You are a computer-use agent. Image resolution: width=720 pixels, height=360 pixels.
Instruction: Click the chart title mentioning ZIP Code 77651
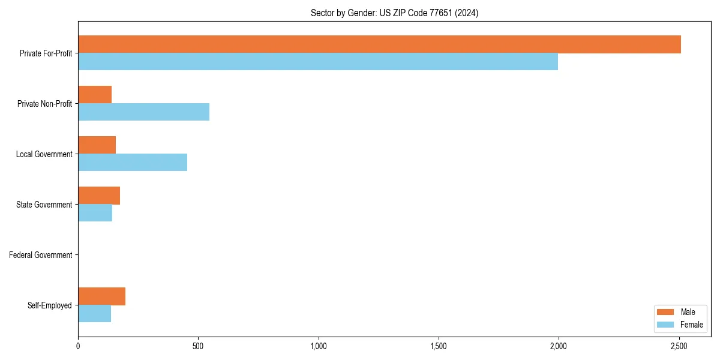394,13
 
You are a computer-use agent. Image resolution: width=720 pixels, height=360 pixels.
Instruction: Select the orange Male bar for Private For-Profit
379,44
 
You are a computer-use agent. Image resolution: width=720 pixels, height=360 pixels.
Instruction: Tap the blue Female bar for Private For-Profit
318,62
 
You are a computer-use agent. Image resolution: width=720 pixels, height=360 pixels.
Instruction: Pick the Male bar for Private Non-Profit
95,95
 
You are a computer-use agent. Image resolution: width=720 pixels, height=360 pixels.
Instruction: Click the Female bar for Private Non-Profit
143,112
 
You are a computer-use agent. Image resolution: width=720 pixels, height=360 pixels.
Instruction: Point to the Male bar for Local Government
97,145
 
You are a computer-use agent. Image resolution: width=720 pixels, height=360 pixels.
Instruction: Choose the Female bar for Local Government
133,163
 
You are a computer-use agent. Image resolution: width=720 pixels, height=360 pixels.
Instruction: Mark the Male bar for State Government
99,196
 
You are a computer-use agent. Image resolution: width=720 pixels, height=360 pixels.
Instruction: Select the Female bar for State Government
95,213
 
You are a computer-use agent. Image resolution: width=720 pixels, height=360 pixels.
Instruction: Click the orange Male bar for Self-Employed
101,296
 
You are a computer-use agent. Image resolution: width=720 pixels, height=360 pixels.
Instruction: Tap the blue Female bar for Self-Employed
94,314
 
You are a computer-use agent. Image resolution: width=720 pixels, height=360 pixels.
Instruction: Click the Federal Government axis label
41,255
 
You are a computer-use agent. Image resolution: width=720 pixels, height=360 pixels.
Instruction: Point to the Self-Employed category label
50,305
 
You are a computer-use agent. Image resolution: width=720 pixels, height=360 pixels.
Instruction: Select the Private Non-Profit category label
44,104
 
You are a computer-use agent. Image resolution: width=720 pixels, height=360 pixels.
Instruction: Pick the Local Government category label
44,154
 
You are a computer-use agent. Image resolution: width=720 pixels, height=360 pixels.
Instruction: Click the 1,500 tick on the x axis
439,346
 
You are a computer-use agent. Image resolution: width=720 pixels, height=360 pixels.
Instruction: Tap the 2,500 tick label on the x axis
679,346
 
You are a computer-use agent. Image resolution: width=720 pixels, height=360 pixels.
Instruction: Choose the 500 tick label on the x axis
198,346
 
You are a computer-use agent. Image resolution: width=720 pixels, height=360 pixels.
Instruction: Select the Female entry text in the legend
691,325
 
